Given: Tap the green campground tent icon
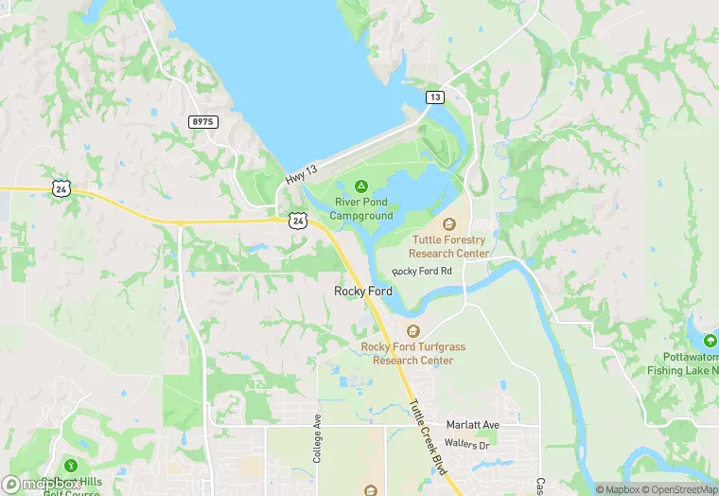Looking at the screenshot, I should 360,186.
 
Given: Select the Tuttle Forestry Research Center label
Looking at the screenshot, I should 449,246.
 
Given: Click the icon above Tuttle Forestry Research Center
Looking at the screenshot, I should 449,224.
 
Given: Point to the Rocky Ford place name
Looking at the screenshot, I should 363,292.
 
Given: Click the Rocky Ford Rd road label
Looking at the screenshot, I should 422,272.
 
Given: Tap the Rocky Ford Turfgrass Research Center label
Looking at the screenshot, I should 413,353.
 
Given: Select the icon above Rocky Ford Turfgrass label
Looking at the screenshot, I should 412,331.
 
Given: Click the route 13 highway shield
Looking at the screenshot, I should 434,97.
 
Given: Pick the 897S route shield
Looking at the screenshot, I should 203,122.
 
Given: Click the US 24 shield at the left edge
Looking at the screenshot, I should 61,189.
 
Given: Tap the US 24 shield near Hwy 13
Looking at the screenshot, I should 297,221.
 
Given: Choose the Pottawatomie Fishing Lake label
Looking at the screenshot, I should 683,363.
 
